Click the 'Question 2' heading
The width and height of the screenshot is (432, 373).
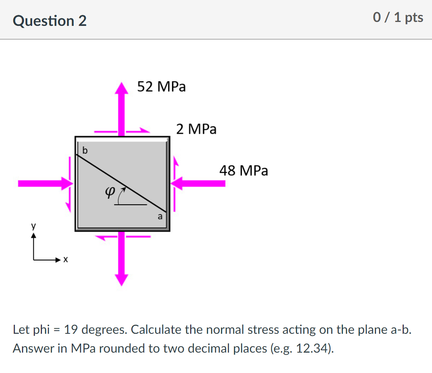click(x=50, y=20)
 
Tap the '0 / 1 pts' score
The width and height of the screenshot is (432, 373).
click(x=398, y=18)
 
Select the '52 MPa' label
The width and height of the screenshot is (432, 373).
click(x=162, y=87)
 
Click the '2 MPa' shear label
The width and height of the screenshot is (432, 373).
click(x=196, y=129)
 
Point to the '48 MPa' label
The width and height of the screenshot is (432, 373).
click(x=244, y=171)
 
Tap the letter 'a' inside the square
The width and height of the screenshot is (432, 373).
click(x=160, y=217)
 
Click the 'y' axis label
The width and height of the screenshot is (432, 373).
click(x=33, y=226)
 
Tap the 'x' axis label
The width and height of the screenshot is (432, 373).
click(x=66, y=260)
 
